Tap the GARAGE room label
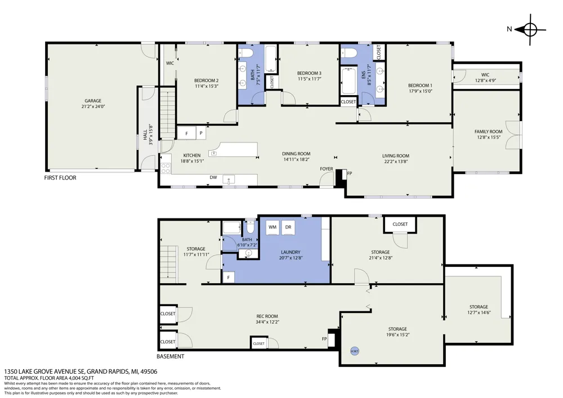[x=93, y=101]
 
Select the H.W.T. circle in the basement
[x=355, y=351]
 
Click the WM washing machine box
[x=272, y=227]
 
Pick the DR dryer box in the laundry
[x=288, y=227]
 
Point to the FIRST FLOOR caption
[x=60, y=178]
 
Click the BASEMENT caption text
[x=170, y=356]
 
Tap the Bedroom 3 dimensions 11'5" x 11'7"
[x=309, y=79]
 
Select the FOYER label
[x=327, y=169]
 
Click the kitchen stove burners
[x=166, y=168]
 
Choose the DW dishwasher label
[x=213, y=177]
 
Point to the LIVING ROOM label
[x=396, y=156]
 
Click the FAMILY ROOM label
[x=488, y=132]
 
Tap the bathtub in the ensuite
[x=348, y=81]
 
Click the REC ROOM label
[x=267, y=316]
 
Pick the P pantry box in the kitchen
[x=201, y=133]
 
